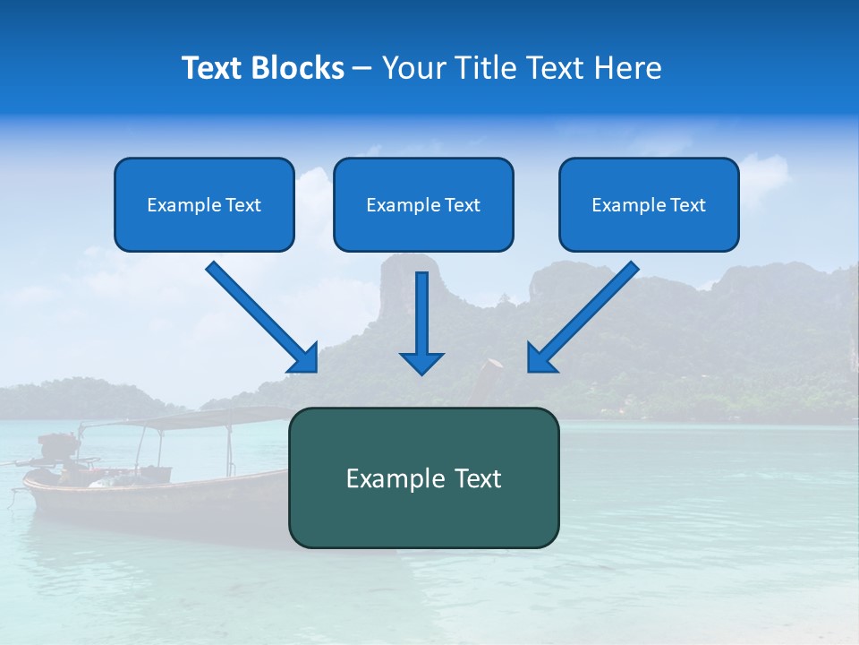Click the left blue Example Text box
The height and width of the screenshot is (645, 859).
[204, 204]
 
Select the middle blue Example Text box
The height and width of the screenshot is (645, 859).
[423, 204]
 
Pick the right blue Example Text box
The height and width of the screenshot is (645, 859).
[649, 204]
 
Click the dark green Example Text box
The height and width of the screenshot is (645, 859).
[423, 477]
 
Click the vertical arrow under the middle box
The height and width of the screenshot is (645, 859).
[421, 314]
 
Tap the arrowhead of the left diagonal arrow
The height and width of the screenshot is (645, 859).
[304, 358]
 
